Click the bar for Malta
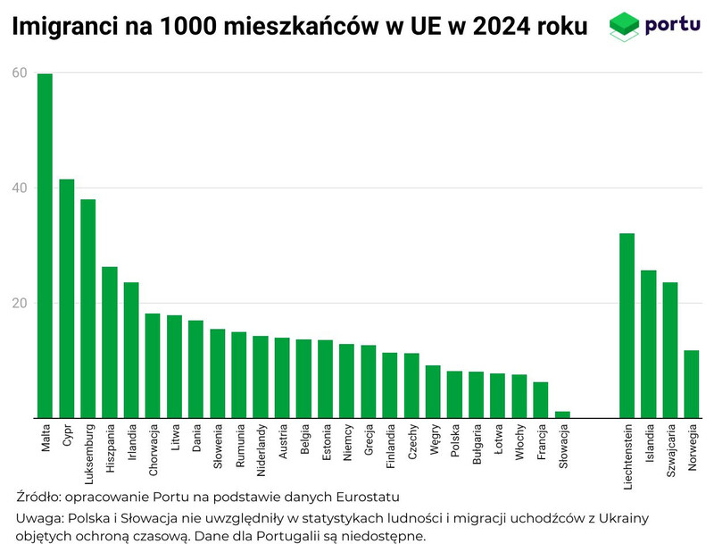pyautogui.click(x=45, y=246)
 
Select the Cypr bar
pyautogui.click(x=67, y=298)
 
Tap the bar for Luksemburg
pyautogui.click(x=88, y=308)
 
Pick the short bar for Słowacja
pyautogui.click(x=562, y=414)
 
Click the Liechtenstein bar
pyautogui.click(x=627, y=325)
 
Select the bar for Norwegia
pyautogui.click(x=692, y=383)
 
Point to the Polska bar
pyautogui.click(x=454, y=394)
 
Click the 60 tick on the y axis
pyautogui.click(x=19, y=73)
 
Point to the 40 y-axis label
pyautogui.click(x=19, y=188)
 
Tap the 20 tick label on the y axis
pyautogui.click(x=19, y=303)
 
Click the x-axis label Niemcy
pyautogui.click(x=347, y=442)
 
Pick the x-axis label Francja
pyautogui.click(x=541, y=443)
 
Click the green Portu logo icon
pyautogui.click(x=624, y=26)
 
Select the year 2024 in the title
pyautogui.click(x=497, y=28)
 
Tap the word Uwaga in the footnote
pyautogui.click(x=39, y=518)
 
